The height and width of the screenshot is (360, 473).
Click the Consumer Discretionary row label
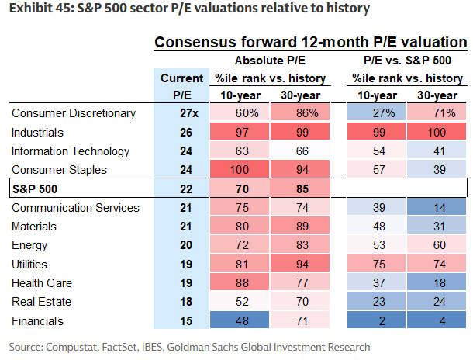tap(74, 113)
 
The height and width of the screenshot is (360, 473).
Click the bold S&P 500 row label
tap(36, 189)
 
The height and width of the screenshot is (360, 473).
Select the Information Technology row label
tap(71, 151)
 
